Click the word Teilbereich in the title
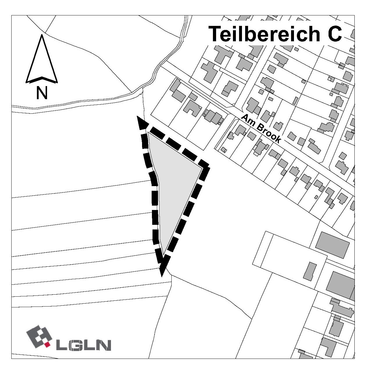(264, 34)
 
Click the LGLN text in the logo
(84, 345)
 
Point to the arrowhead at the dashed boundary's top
(141, 122)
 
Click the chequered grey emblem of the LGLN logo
(39, 337)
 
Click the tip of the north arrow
(42, 35)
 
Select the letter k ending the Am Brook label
(277, 140)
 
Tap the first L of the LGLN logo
(62, 345)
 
